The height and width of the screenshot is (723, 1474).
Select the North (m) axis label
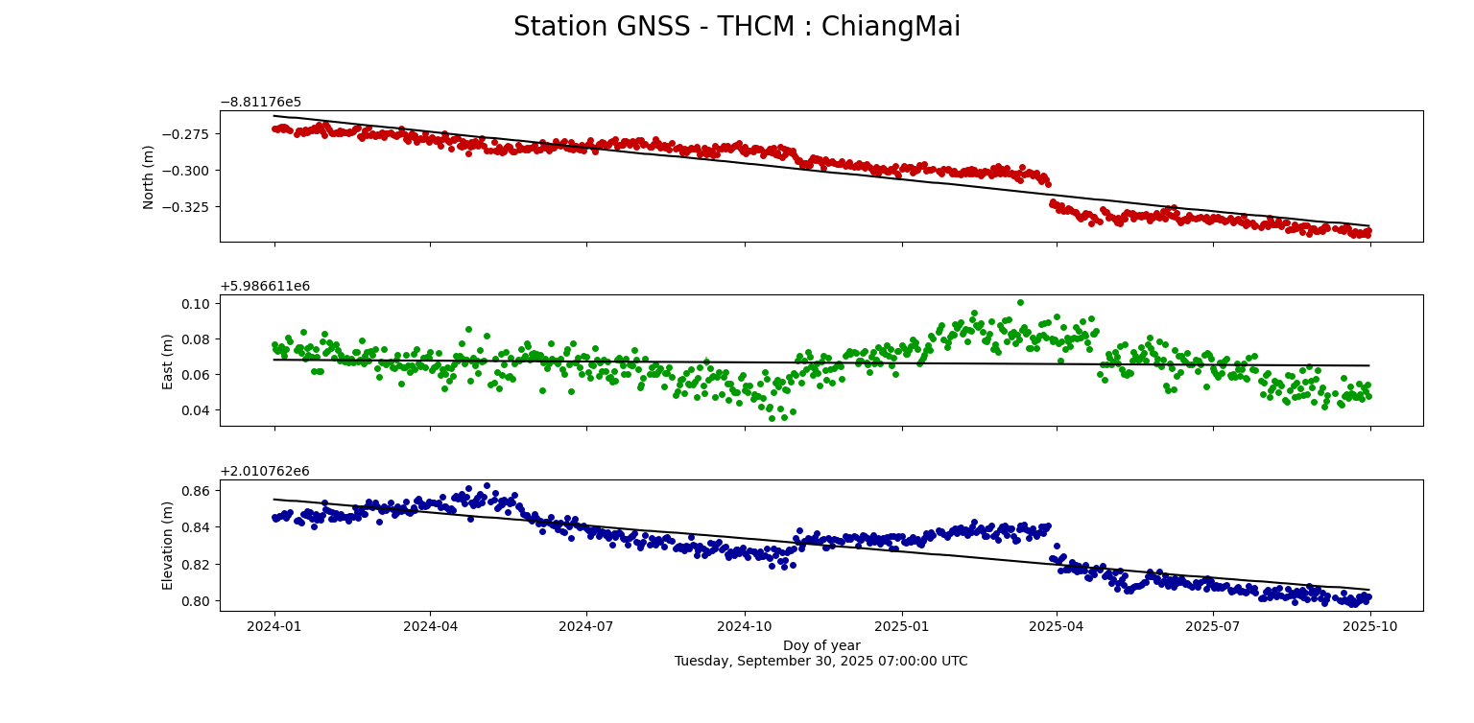(x=149, y=176)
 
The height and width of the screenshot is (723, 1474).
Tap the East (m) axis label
(x=168, y=361)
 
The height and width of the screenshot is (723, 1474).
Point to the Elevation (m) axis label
(x=168, y=546)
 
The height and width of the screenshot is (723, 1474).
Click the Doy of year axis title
(x=821, y=645)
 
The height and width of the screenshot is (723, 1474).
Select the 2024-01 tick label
(x=274, y=627)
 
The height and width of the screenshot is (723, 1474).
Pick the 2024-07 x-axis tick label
(x=586, y=627)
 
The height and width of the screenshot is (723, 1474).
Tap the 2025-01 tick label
(x=901, y=627)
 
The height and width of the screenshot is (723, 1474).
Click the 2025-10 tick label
(x=1370, y=627)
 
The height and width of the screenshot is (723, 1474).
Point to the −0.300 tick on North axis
(x=190, y=171)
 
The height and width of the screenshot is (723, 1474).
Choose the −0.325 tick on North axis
(x=190, y=207)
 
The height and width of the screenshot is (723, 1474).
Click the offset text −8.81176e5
(x=261, y=102)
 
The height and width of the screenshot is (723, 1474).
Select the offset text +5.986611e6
(x=265, y=286)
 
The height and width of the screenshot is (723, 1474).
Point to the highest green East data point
(x=1020, y=302)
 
